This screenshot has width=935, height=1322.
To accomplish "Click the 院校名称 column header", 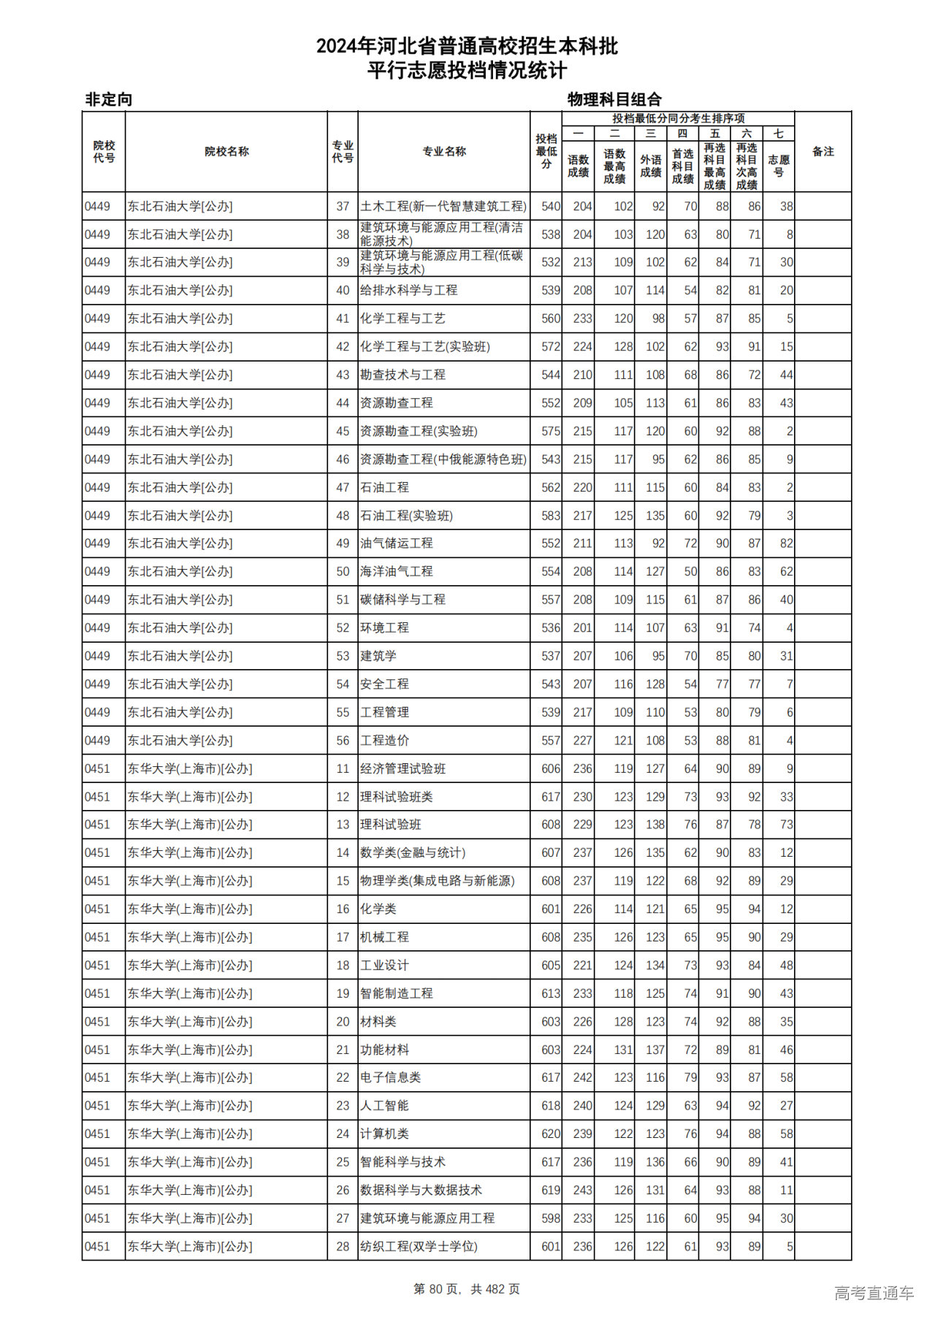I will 226,151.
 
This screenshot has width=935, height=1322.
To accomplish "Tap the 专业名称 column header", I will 444,151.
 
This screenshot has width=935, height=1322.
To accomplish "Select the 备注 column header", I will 823,151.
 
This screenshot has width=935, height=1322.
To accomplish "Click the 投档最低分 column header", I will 546,151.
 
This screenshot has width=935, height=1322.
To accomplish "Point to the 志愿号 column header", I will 779,166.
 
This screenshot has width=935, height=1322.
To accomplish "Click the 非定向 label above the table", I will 109,99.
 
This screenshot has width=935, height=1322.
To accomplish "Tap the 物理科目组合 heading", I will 614,99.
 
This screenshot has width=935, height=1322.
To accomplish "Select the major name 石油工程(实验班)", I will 407,516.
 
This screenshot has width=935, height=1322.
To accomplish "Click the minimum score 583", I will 551,516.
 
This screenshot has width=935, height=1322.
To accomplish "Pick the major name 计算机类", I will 385,1134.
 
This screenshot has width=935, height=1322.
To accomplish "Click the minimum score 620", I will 551,1134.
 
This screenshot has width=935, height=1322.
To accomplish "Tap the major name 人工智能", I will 385,1106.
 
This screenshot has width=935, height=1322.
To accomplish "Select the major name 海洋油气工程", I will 397,572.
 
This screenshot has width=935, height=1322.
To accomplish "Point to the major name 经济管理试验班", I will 403,768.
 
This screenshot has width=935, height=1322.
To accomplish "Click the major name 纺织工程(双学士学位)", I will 419,1247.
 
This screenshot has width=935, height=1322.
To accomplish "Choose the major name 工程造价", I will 385,741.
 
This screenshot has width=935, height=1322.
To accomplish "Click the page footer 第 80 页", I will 438,1289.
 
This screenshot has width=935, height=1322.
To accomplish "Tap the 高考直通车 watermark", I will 874,1293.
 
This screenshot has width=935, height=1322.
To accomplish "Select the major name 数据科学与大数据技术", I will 421,1190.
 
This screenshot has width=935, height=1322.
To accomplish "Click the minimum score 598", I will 551,1218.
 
